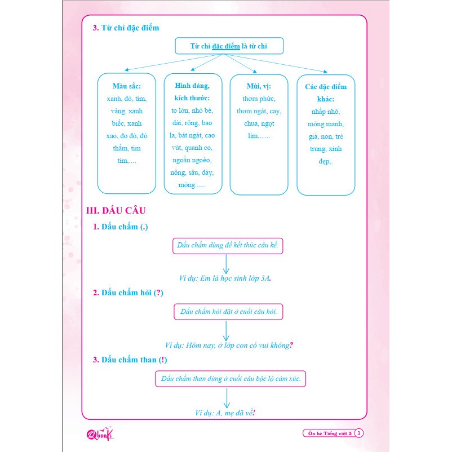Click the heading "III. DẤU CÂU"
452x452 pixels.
point(116,211)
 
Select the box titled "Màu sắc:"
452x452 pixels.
point(126,133)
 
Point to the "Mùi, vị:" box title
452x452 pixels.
point(259,86)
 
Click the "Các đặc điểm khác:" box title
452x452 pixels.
point(326,92)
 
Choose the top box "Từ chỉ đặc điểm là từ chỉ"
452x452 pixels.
point(229,46)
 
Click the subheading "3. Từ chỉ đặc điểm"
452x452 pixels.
point(127,28)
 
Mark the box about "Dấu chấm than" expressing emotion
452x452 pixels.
point(231,379)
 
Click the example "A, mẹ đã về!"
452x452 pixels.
point(225,413)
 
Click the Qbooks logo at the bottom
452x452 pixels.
point(103,433)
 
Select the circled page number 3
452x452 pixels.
point(360,433)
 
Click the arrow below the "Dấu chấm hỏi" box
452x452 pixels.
point(226,331)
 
